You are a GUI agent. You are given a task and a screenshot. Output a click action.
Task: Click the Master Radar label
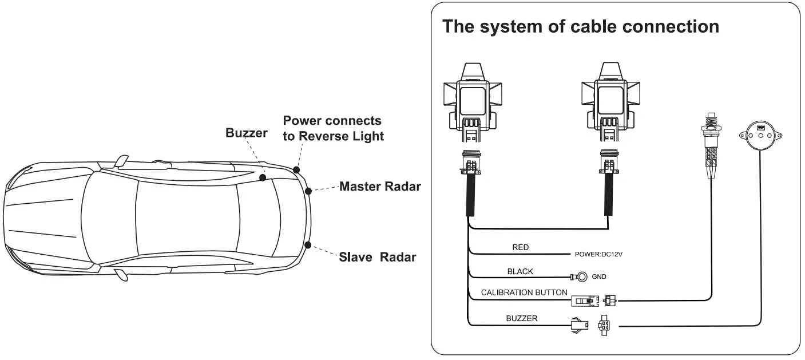pyautogui.click(x=380, y=187)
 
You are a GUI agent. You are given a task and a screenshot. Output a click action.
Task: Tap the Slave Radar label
pyautogui.click(x=378, y=257)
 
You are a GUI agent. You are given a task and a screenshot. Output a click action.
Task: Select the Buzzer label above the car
pyautogui.click(x=246, y=133)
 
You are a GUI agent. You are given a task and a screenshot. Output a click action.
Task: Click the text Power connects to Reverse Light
pyautogui.click(x=332, y=129)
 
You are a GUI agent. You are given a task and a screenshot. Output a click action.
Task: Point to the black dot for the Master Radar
pyautogui.click(x=309, y=191)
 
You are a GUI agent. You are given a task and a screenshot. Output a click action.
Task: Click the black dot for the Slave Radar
pyautogui.click(x=308, y=245)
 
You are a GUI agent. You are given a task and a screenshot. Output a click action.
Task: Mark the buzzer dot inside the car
pyautogui.click(x=262, y=178)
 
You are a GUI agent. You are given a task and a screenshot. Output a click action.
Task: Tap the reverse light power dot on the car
pyautogui.click(x=296, y=169)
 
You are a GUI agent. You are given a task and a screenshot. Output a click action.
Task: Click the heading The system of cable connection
pyautogui.click(x=581, y=26)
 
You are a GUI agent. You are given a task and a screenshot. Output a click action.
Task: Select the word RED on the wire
pyautogui.click(x=520, y=248)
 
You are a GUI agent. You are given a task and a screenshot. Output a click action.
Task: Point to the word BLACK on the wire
pyautogui.click(x=520, y=271)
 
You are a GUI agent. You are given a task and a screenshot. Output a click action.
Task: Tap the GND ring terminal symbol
pyautogui.click(x=581, y=278)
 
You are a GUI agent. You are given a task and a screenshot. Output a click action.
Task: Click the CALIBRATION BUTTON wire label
pyautogui.click(x=524, y=292)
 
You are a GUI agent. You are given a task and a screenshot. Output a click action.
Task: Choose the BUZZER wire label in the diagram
pyautogui.click(x=521, y=318)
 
